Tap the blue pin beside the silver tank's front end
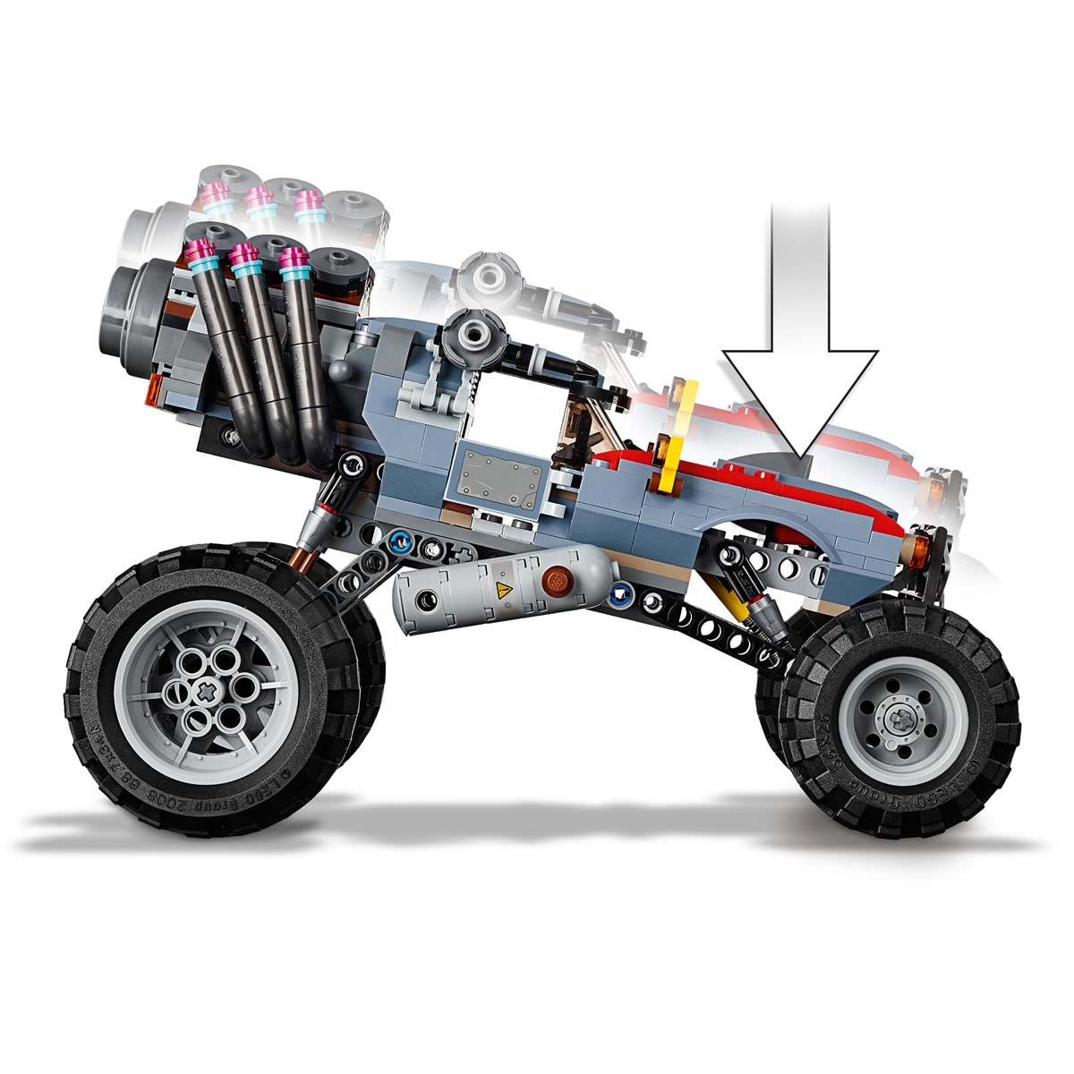click(618, 591)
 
